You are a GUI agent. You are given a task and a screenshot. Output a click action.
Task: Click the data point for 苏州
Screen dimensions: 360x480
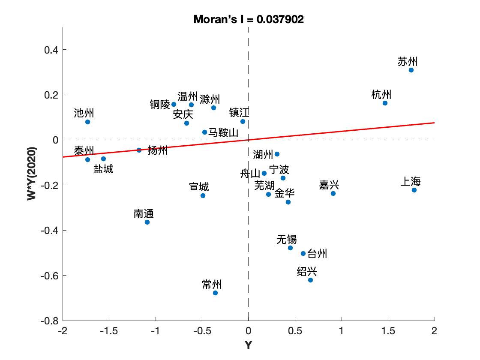tap(411, 70)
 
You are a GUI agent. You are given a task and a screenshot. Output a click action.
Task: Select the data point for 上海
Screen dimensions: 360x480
tap(414, 190)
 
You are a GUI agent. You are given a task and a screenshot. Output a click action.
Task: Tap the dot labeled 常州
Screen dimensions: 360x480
tap(215, 293)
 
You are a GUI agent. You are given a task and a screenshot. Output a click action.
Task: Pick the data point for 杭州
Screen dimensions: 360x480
tap(385, 103)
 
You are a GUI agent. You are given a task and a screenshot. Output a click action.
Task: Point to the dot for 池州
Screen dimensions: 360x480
tap(87, 122)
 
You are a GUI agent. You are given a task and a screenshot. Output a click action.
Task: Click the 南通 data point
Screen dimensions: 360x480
tap(147, 222)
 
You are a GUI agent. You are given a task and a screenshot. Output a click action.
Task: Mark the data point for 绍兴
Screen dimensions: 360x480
tap(310, 280)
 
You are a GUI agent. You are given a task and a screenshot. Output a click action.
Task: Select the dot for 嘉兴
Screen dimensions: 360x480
tap(333, 193)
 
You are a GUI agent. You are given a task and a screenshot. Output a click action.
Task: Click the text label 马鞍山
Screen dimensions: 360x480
tap(223, 132)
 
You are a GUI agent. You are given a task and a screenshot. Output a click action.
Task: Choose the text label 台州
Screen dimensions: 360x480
tap(317, 254)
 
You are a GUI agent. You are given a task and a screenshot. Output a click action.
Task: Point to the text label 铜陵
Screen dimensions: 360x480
tap(160, 104)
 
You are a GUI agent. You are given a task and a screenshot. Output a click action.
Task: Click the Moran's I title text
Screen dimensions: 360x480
tap(249, 19)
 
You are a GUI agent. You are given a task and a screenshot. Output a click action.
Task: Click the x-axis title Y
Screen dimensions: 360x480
tap(249, 345)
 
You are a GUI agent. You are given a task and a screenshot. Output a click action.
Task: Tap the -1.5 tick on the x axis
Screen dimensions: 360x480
tap(109, 331)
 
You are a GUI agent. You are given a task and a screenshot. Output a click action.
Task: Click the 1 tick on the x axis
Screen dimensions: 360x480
tap(342, 331)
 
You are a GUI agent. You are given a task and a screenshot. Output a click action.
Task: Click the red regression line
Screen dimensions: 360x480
tap(343, 131)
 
